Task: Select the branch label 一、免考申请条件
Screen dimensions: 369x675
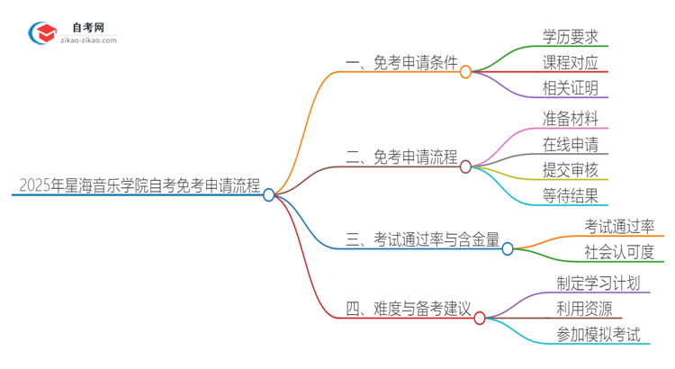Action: click(x=401, y=63)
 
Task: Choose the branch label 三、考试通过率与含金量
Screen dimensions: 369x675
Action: click(x=423, y=239)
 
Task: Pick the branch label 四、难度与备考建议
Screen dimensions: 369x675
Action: click(x=409, y=310)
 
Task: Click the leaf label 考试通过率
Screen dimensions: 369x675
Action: click(x=619, y=226)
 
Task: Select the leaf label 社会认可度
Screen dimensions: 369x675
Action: click(x=619, y=252)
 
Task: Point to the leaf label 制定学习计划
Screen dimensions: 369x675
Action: click(x=599, y=283)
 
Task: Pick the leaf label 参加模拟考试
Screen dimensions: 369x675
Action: click(x=599, y=335)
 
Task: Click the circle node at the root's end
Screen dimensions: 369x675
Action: click(x=269, y=194)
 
